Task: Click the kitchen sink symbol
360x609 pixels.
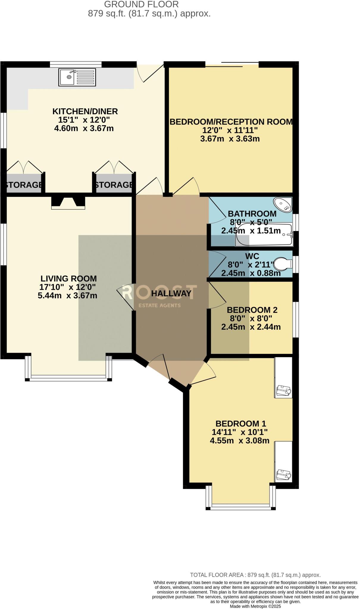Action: click(77, 77)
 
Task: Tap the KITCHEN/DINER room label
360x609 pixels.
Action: click(85, 112)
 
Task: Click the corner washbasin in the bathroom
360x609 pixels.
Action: click(283, 205)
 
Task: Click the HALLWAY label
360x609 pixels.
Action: click(171, 293)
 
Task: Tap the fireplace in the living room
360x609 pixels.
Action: click(68, 202)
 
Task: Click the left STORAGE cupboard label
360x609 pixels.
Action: click(24, 185)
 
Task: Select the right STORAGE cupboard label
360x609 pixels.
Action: click(114, 185)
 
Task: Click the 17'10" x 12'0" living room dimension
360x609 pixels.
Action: click(68, 287)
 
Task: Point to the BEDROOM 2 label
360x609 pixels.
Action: click(252, 310)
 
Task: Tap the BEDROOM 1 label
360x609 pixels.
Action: click(241, 423)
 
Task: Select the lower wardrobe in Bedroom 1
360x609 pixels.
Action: click(283, 462)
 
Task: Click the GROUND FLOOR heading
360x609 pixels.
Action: click(141, 4)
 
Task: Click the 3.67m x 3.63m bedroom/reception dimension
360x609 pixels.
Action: click(230, 139)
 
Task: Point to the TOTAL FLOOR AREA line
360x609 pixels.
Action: click(255, 575)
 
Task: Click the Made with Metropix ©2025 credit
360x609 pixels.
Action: click(255, 606)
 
